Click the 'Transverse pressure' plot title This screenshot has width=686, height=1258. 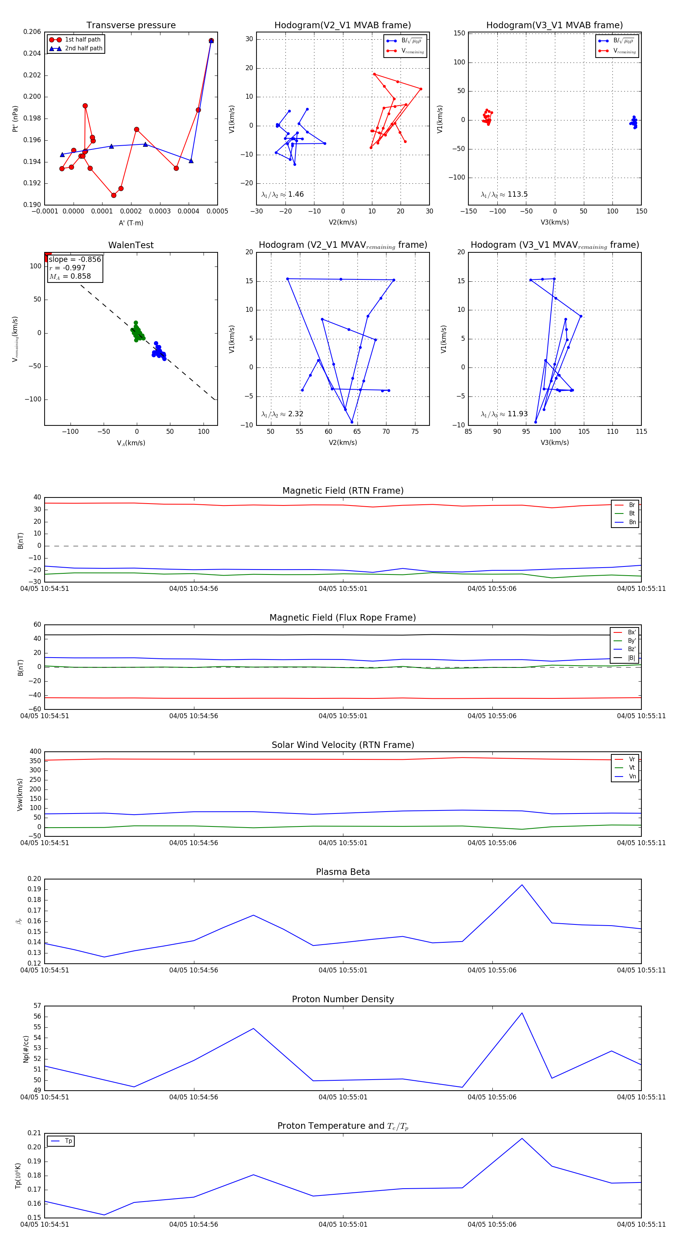click(131, 26)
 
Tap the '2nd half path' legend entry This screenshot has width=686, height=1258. click(83, 48)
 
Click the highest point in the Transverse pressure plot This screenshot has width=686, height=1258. click(211, 40)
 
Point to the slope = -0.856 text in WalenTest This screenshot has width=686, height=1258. click(75, 259)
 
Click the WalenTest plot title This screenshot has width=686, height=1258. click(131, 245)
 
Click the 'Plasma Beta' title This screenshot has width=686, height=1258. click(343, 872)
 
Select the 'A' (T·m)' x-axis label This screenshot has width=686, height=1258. click(131, 223)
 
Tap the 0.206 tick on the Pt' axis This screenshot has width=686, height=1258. click(32, 32)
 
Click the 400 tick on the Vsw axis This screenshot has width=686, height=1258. click(35, 752)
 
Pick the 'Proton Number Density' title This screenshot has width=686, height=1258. click(343, 999)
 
